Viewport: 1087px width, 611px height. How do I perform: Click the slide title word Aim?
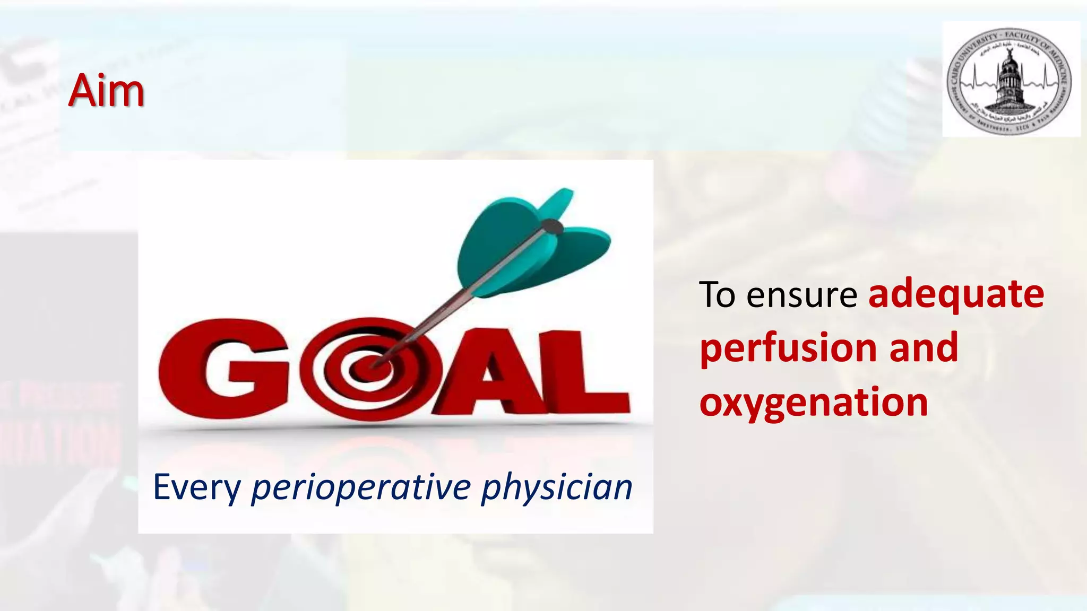pyautogui.click(x=106, y=91)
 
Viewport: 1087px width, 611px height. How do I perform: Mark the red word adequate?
pyautogui.click(x=956, y=295)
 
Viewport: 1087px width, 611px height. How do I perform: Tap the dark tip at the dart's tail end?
pyautogui.click(x=554, y=228)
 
